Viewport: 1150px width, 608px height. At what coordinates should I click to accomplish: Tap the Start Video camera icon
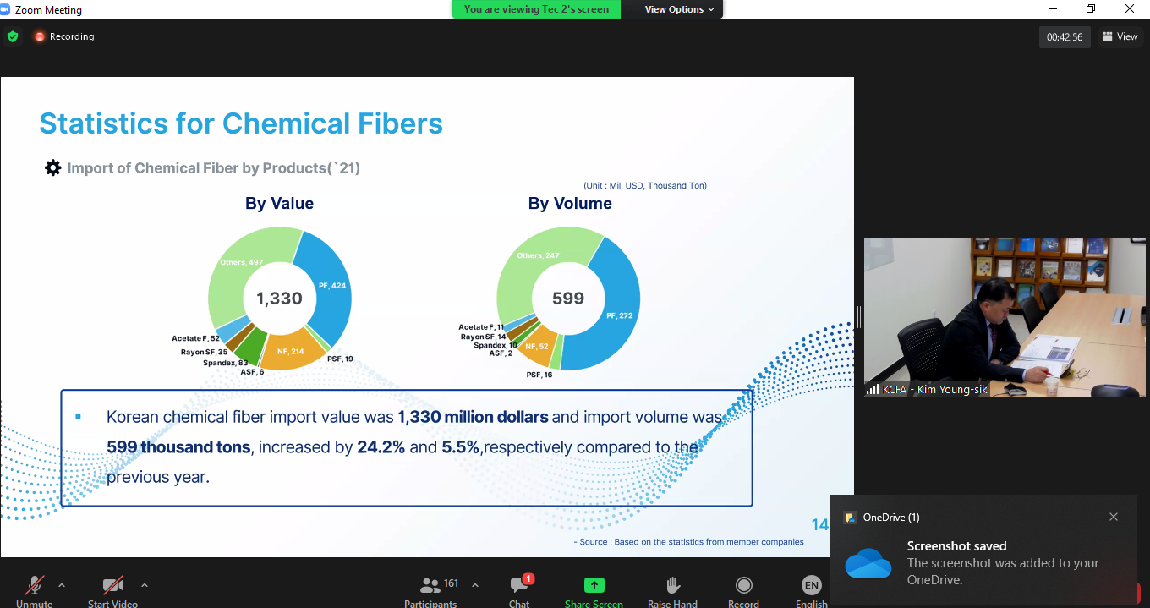coord(113,585)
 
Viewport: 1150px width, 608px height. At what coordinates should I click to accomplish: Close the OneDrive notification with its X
coord(1113,517)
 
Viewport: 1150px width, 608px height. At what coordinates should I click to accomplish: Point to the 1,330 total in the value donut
coord(279,299)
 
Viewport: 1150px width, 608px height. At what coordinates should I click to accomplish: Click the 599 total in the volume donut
coord(568,299)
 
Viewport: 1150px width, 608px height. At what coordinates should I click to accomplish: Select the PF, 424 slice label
coord(332,286)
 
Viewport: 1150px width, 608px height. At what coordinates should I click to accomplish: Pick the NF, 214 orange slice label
coord(291,351)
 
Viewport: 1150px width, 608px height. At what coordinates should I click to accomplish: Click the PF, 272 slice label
coord(620,315)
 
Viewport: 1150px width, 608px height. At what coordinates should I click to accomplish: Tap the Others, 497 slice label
coord(241,262)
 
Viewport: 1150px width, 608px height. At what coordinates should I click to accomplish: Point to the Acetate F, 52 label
coord(195,338)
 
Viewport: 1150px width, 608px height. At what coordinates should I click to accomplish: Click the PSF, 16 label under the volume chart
coord(539,375)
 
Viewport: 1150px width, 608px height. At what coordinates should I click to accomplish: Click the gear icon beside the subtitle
coord(52,167)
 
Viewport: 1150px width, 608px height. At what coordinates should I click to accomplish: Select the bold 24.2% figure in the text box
coord(381,447)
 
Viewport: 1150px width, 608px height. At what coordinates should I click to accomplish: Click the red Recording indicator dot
coord(39,36)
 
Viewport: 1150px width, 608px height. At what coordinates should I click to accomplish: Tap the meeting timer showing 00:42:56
coord(1065,37)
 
